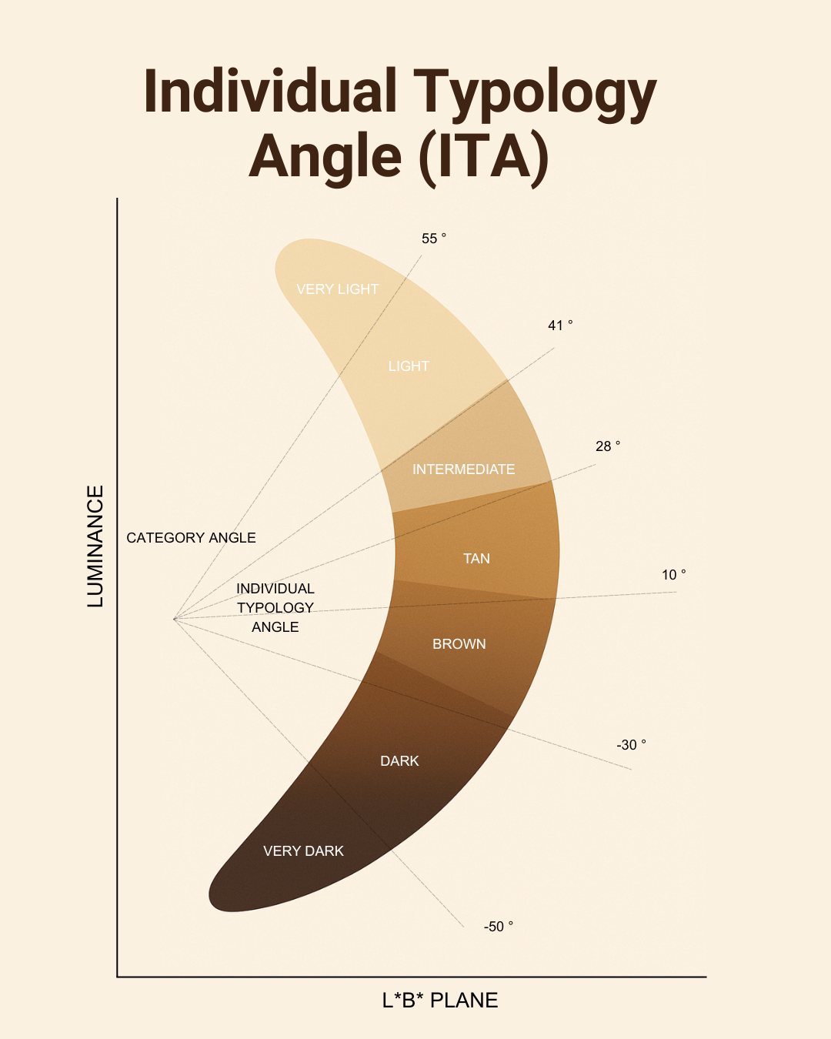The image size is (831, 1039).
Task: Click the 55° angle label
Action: click(434, 239)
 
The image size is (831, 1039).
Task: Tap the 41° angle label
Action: click(560, 326)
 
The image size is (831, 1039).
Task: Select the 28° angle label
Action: click(607, 446)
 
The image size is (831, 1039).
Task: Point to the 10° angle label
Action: click(673, 575)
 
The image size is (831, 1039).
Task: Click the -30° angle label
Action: click(631, 745)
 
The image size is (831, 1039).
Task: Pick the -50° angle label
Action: click(499, 927)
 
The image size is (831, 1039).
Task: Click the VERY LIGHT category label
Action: click(337, 289)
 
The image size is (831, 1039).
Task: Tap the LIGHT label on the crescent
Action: click(409, 366)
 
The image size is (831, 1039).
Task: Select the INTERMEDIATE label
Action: click(463, 469)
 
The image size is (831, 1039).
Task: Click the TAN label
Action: click(476, 559)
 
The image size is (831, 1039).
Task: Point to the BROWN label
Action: click(459, 643)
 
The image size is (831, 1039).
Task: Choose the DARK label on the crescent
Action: click(400, 761)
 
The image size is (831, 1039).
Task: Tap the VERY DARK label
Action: click(303, 850)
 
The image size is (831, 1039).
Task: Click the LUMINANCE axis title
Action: click(95, 546)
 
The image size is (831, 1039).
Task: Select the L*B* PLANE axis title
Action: click(440, 1001)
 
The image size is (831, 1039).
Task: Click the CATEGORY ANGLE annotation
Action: click(192, 538)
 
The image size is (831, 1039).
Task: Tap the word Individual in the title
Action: click(270, 91)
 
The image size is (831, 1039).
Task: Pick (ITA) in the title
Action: click(484, 159)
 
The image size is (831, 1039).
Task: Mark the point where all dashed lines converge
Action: click(175, 619)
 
